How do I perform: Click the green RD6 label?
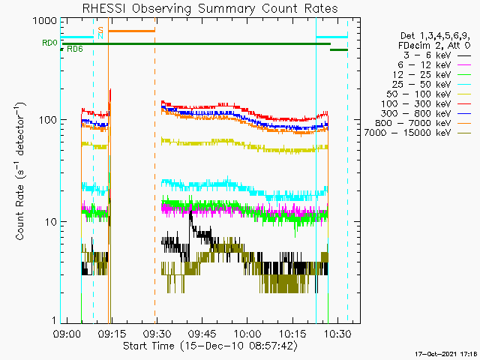click(x=74, y=50)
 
